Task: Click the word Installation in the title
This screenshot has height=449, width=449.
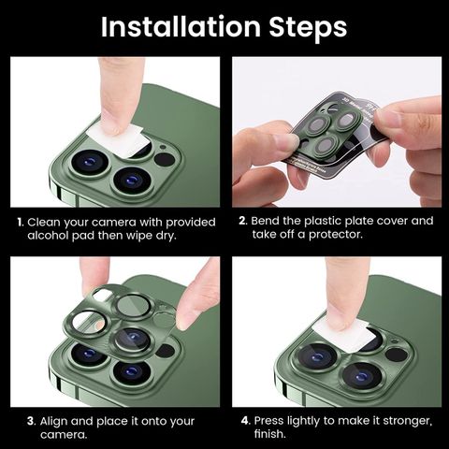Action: coord(181,27)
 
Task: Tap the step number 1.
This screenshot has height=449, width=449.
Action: coord(21,223)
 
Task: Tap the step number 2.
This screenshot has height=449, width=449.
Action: coord(243,221)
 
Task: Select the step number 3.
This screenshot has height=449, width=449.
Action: coord(31,421)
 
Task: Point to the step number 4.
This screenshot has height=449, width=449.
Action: coord(246,421)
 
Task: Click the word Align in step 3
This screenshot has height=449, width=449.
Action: coord(53,422)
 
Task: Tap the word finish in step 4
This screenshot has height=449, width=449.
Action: coord(268,434)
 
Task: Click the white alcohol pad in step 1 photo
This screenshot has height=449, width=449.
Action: coord(119,139)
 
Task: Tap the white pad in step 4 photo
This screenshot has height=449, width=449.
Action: coord(344,335)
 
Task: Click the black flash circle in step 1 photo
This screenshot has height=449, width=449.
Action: coord(165,159)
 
